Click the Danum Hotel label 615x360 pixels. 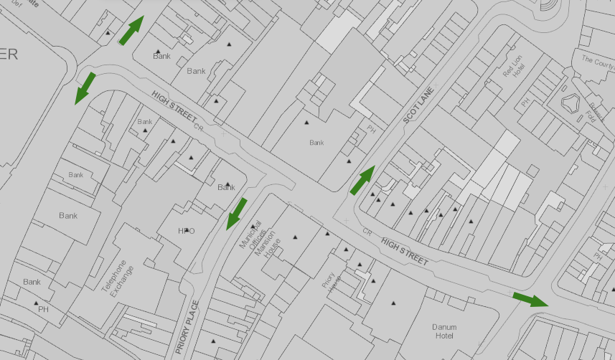(444, 331)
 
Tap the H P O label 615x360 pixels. (187, 231)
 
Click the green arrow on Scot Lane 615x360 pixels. (362, 180)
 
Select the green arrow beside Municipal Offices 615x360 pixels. (236, 213)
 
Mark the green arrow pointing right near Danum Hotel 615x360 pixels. (530, 298)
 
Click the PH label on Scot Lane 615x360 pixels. (371, 130)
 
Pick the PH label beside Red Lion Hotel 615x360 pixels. (525, 103)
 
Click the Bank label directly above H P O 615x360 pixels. (226, 188)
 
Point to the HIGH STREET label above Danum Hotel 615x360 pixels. (405, 252)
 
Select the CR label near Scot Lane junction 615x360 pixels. (367, 232)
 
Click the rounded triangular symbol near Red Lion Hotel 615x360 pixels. (571, 103)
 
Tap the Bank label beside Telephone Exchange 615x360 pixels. (68, 216)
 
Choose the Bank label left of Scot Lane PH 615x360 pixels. (316, 143)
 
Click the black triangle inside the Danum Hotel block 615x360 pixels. (393, 304)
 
